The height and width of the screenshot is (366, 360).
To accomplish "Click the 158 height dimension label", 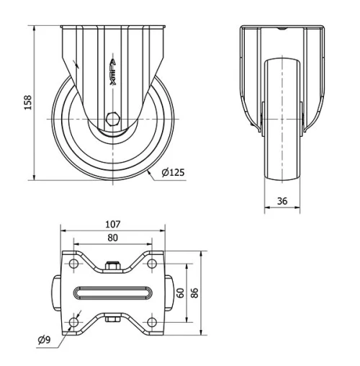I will tap(28, 102).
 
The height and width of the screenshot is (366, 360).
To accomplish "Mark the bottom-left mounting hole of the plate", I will tap(74, 321).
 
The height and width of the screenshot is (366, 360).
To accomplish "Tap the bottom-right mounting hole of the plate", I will tap(152, 321).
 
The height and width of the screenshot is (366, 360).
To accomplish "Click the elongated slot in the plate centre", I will tap(113, 293).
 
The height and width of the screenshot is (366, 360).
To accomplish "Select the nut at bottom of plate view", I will tap(113, 318).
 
